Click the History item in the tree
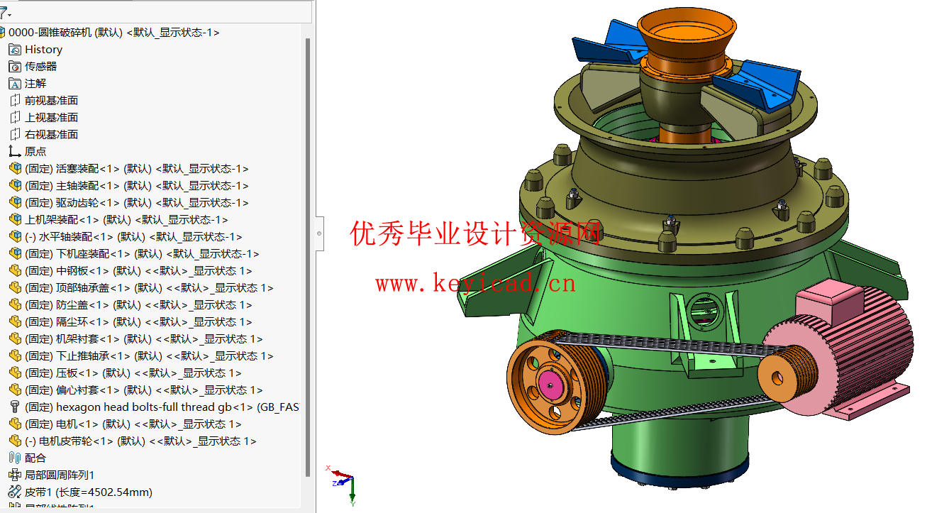click(x=43, y=50)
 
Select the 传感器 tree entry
click(x=40, y=67)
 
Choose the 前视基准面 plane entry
click(x=51, y=101)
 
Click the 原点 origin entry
click(x=35, y=152)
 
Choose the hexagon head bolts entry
click(x=142, y=407)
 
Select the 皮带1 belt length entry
click(x=88, y=492)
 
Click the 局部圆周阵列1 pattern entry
click(x=60, y=475)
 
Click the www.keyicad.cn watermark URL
click(x=475, y=285)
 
